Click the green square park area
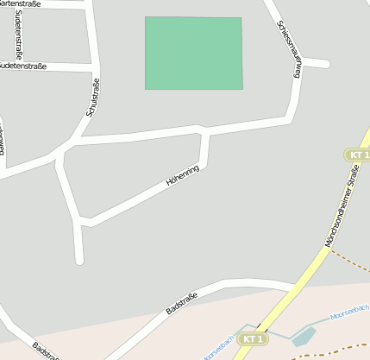pyautogui.click(x=193, y=53)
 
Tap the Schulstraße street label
pyautogui.click(x=92, y=99)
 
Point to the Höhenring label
pyautogui.click(x=182, y=176)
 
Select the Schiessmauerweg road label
pyautogui.click(x=288, y=50)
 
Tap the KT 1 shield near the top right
pyautogui.click(x=357, y=155)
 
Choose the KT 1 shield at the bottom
pyautogui.click(x=251, y=339)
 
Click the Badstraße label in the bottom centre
pyautogui.click(x=182, y=304)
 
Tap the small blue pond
pyautogui.click(x=304, y=336)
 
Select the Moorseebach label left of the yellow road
pyautogui.click(x=223, y=344)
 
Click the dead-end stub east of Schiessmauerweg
pyautogui.click(x=326, y=64)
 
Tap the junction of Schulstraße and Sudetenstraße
pyautogui.click(x=94, y=66)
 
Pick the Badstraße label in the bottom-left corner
pyautogui.click(x=45, y=352)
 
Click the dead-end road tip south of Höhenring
pyautogui.click(x=79, y=260)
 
